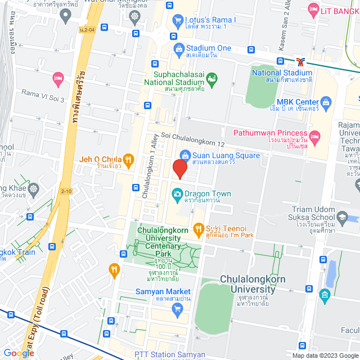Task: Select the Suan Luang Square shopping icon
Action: coord(184,155)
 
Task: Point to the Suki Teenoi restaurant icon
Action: coord(198,228)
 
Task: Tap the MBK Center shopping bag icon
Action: coord(327,103)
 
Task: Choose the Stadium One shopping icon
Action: coord(178,48)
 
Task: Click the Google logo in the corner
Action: coord(19,353)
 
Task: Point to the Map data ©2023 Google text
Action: coord(324,355)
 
